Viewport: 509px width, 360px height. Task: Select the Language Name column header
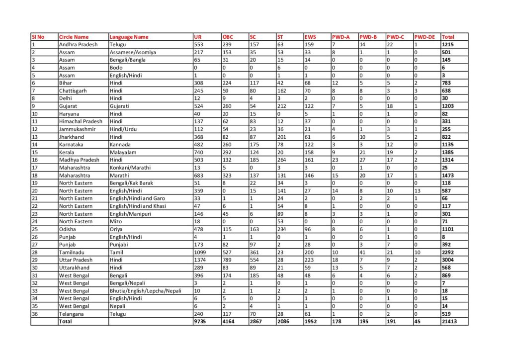click(x=129, y=37)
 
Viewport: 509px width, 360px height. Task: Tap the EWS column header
click(x=310, y=37)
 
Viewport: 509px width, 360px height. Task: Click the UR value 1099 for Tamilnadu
click(x=201, y=253)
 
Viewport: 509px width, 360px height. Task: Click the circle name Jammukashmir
click(x=75, y=129)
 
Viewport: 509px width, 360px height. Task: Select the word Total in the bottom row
click(x=65, y=322)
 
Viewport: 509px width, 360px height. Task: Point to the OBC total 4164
click(x=228, y=322)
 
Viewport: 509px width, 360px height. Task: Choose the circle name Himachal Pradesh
click(x=80, y=121)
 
